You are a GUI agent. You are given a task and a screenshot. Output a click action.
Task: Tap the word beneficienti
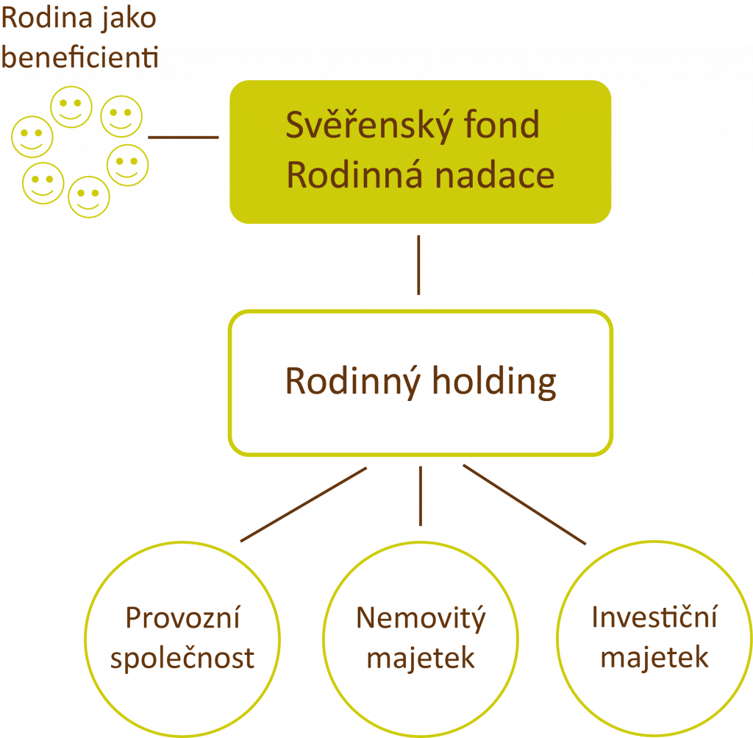tap(79, 57)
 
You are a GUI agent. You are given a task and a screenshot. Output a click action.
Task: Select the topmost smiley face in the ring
tap(71, 107)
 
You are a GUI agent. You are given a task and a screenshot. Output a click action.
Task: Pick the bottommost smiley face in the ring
tap(89, 196)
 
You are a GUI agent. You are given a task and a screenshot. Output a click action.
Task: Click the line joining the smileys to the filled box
tap(183, 137)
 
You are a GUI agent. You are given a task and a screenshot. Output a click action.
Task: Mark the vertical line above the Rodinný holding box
tap(419, 265)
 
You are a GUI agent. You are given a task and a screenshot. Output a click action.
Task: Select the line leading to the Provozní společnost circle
tap(302, 505)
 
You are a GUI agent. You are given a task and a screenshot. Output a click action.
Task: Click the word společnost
tap(182, 657)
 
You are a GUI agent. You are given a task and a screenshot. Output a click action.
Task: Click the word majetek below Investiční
tap(654, 657)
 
